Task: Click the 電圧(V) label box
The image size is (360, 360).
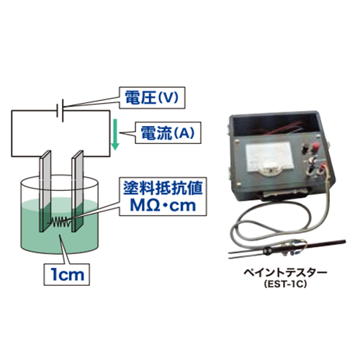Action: pyautogui.click(x=152, y=98)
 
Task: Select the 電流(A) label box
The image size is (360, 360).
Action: pyautogui.click(x=168, y=133)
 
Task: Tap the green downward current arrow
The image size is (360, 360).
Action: pyautogui.click(x=115, y=135)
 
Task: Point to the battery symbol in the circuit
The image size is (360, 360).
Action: pyautogui.click(x=60, y=111)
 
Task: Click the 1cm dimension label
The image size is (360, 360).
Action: pyautogui.click(x=67, y=274)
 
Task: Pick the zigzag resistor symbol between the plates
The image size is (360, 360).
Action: pyautogui.click(x=61, y=222)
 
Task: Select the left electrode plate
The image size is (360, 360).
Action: pyautogui.click(x=45, y=192)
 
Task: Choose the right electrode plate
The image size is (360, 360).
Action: pyautogui.click(x=78, y=192)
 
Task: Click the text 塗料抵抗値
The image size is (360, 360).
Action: pyautogui.click(x=163, y=188)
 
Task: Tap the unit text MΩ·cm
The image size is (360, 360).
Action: pyautogui.click(x=163, y=206)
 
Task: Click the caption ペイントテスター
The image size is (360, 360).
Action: pyautogui.click(x=285, y=273)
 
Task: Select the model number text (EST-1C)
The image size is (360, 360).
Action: pyautogui.click(x=285, y=284)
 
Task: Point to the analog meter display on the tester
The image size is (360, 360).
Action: pyautogui.click(x=270, y=158)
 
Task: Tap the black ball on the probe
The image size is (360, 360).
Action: pyautogui.click(x=267, y=251)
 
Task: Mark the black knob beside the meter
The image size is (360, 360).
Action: pyautogui.click(x=305, y=147)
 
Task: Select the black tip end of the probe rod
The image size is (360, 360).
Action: pyautogui.click(x=342, y=242)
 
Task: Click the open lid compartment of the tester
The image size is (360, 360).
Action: pyautogui.click(x=276, y=124)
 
